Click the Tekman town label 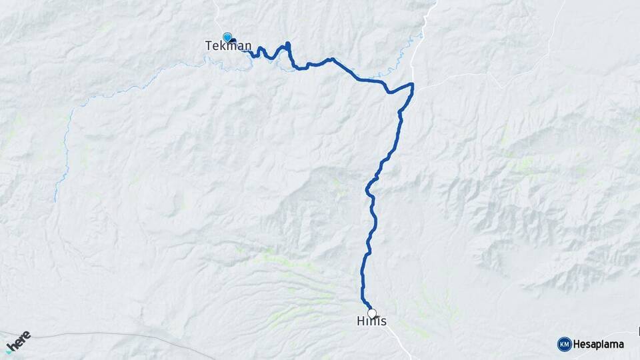(227, 46)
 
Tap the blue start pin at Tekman (227, 37)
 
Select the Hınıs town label (371, 321)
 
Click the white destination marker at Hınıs (371, 313)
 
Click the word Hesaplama (598, 344)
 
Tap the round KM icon (564, 344)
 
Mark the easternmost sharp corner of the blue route (413, 85)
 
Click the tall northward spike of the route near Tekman (288, 46)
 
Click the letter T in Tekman (207, 46)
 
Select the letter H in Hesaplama (577, 344)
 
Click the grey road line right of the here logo (100, 335)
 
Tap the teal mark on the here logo (9, 350)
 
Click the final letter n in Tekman (247, 46)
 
